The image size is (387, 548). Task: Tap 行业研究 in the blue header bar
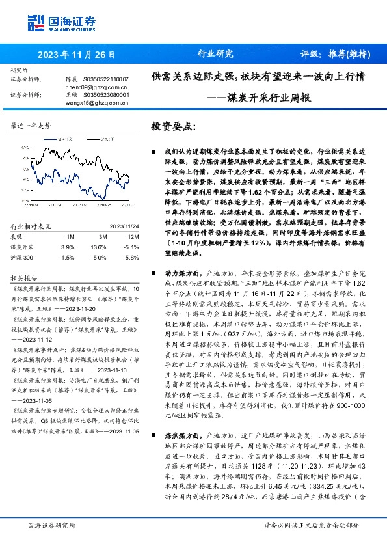coord(215,55)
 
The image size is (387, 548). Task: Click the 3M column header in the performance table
coord(98,236)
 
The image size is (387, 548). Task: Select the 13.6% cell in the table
coord(98,247)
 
